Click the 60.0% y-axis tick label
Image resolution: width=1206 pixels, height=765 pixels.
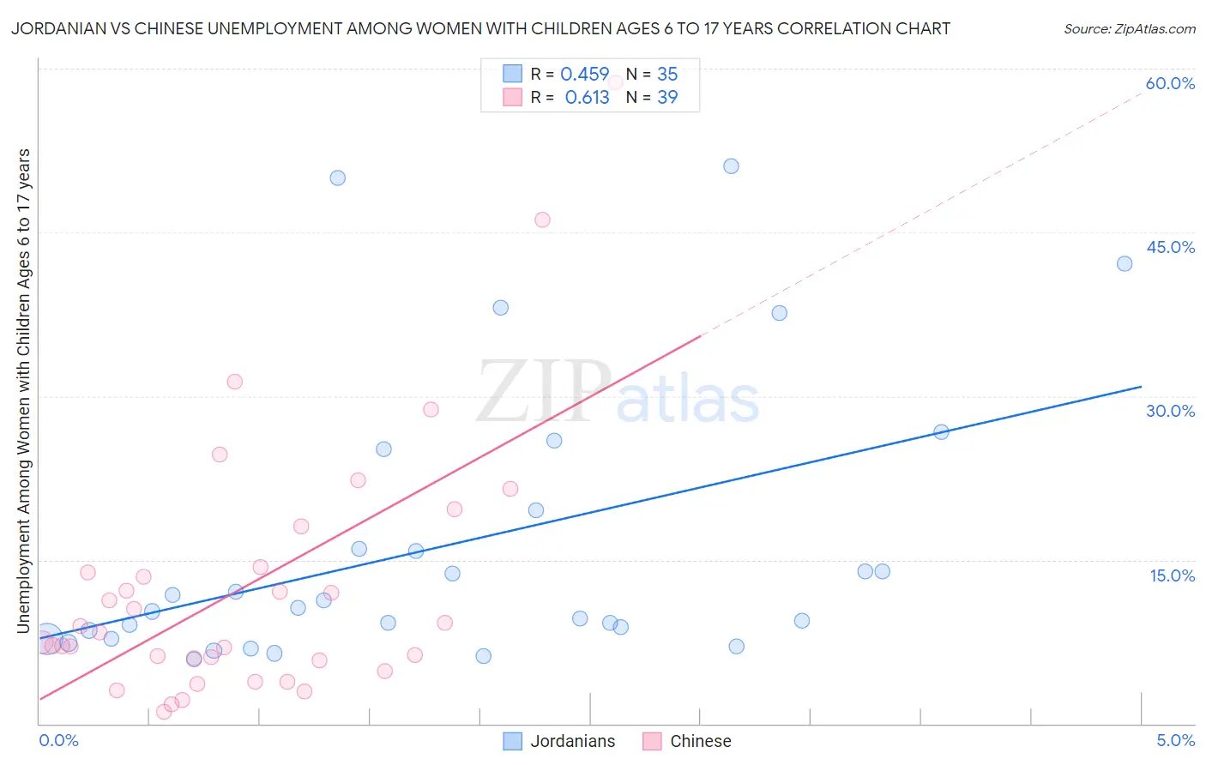(x=1170, y=83)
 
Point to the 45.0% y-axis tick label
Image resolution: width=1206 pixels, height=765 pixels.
(x=1170, y=247)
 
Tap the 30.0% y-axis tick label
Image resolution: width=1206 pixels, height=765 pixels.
(x=1170, y=411)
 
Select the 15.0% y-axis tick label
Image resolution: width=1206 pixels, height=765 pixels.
(x=1172, y=575)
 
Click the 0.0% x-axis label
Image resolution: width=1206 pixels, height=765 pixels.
(x=58, y=740)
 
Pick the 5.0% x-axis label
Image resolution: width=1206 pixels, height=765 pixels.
(x=1175, y=740)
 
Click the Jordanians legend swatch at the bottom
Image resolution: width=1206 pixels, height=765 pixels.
(x=513, y=741)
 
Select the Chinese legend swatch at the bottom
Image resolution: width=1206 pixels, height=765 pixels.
(x=653, y=741)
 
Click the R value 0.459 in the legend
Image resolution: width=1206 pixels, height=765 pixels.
(x=584, y=75)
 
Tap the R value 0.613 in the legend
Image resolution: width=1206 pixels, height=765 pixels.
(x=587, y=98)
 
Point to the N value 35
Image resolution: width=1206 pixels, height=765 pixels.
(x=667, y=75)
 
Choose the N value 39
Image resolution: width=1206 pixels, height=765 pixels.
(x=667, y=98)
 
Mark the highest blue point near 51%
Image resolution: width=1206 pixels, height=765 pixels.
(x=731, y=166)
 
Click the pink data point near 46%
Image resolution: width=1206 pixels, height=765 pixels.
(x=542, y=220)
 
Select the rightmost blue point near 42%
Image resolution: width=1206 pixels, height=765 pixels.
(x=1125, y=263)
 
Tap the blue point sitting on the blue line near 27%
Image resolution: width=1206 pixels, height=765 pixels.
(x=941, y=432)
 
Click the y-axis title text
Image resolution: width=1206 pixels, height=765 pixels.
(x=23, y=390)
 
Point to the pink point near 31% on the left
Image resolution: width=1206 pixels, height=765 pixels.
(x=235, y=382)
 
